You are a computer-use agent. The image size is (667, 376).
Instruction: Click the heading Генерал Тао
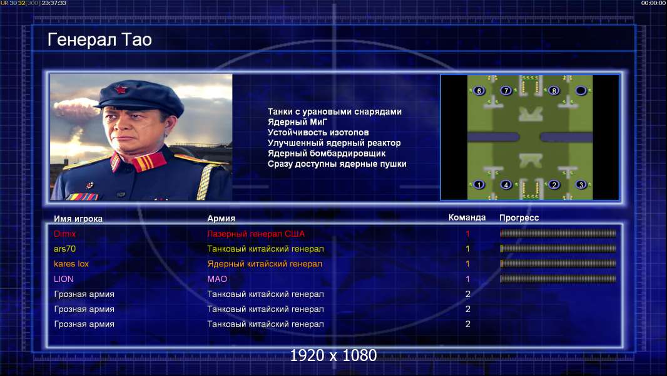pyautogui.click(x=99, y=39)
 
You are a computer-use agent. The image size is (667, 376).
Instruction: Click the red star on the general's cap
pyautogui.click(x=121, y=90)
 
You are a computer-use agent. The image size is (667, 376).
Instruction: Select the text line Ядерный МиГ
pyautogui.click(x=297, y=122)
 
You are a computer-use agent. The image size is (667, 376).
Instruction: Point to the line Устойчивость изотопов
pyautogui.click(x=318, y=132)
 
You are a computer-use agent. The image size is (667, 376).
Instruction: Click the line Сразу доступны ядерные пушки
pyautogui.click(x=337, y=164)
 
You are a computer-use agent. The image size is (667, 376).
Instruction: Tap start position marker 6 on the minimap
pyautogui.click(x=479, y=91)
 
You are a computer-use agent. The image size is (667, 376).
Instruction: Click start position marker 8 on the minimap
pyautogui.click(x=554, y=91)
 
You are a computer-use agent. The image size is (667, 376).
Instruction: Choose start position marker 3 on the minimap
pyautogui.click(x=581, y=184)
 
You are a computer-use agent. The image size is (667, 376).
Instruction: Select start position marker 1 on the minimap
pyautogui.click(x=479, y=184)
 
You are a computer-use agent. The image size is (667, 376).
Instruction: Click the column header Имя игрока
pyautogui.click(x=78, y=219)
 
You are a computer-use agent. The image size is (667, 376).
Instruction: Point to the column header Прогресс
pyautogui.click(x=519, y=217)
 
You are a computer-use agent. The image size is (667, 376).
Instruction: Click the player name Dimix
pyautogui.click(x=64, y=234)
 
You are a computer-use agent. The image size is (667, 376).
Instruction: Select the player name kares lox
pyautogui.click(x=71, y=264)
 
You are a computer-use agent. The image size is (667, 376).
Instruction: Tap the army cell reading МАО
pyautogui.click(x=217, y=279)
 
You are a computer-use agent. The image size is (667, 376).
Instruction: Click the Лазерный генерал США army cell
pyautogui.click(x=256, y=234)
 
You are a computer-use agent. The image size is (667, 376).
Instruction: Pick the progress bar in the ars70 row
pyautogui.click(x=558, y=249)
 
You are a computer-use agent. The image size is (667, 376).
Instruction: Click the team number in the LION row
pyautogui.click(x=467, y=279)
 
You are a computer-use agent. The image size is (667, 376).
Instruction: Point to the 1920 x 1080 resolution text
pyautogui.click(x=333, y=355)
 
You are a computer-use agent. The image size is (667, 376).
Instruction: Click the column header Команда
pyautogui.click(x=467, y=217)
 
